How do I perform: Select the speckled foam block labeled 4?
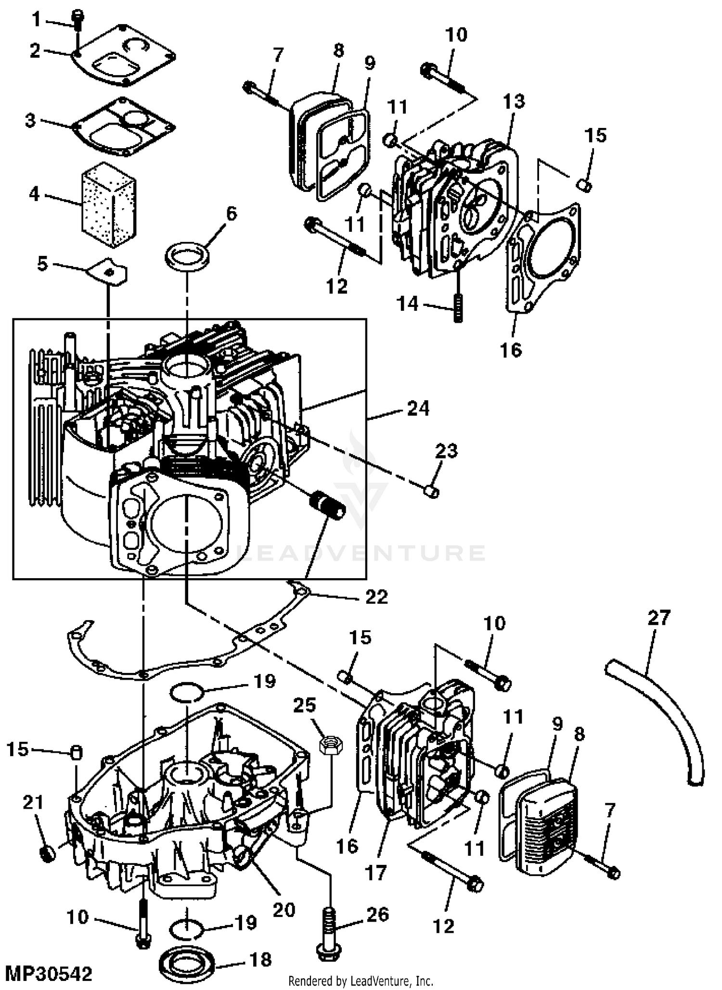coord(109,204)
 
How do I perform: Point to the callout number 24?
coord(418,408)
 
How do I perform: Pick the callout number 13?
coord(514,101)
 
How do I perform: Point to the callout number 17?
coord(376,871)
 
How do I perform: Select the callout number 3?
coord(31,120)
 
